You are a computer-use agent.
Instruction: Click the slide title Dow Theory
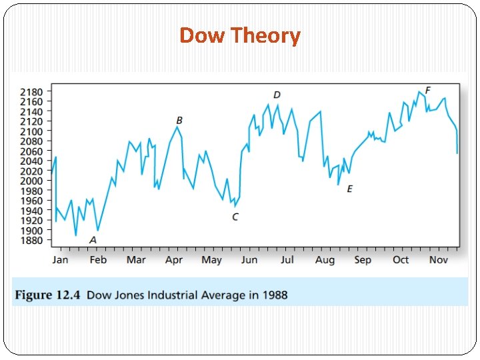coord(240,35)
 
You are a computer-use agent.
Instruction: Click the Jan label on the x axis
coord(60,259)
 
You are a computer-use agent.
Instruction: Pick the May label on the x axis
coord(211,259)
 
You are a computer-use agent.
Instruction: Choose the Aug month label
coord(325,259)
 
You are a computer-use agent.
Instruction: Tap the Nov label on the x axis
coord(438,259)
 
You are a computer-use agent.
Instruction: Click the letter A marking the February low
coord(93,240)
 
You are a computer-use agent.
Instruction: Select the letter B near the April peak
coord(179,121)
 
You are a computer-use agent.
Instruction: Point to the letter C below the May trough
coord(235,217)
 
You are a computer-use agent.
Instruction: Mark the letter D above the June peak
coord(277,95)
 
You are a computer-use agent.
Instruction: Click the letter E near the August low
coord(349,189)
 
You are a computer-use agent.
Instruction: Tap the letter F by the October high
coord(428,90)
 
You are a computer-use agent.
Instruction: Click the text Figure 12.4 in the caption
coord(49,295)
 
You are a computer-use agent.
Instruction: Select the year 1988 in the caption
coord(273,295)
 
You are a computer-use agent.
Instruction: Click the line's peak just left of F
coord(419,92)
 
